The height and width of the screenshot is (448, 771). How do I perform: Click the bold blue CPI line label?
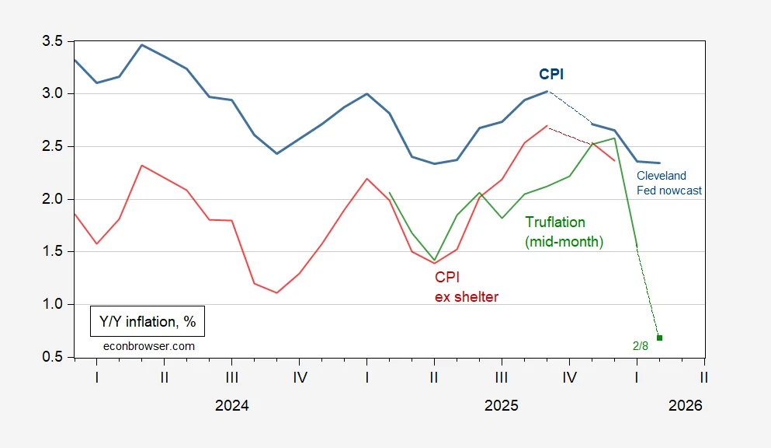tap(551, 74)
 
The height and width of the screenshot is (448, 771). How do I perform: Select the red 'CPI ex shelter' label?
tap(466, 286)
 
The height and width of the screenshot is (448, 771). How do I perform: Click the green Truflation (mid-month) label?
tap(564, 232)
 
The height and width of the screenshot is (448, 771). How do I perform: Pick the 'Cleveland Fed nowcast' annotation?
tap(669, 183)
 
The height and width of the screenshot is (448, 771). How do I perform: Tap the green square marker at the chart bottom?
tap(659, 338)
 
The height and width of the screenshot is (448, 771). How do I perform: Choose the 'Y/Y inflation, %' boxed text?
tap(147, 320)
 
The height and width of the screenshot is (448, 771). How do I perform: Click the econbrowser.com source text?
tap(148, 345)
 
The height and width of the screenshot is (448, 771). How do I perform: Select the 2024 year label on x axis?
tap(231, 405)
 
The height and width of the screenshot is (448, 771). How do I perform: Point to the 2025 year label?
tap(501, 405)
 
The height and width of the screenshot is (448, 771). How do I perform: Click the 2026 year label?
tap(685, 405)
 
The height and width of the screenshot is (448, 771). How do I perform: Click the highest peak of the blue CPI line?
tap(141, 44)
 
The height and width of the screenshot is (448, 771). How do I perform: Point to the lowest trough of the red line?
tap(276, 292)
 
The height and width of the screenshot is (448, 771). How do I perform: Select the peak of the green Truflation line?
tap(615, 138)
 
